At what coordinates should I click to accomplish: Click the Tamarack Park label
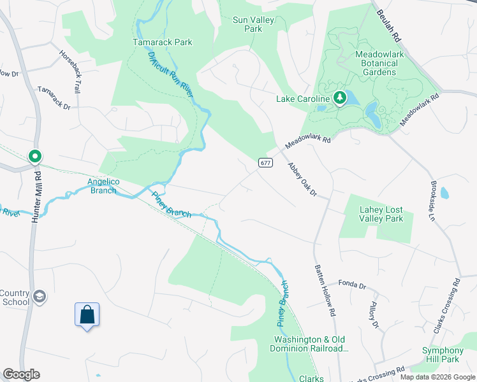(x=162, y=43)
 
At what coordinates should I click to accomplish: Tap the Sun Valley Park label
(x=253, y=24)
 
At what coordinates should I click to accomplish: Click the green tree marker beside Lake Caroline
(x=340, y=97)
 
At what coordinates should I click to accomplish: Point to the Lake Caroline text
(x=302, y=99)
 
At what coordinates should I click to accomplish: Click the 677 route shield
(x=266, y=162)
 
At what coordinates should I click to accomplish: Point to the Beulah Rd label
(x=389, y=25)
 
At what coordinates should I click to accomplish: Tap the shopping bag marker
(x=87, y=315)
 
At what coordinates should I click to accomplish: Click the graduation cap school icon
(x=40, y=296)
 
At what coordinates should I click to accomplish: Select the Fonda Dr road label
(x=352, y=283)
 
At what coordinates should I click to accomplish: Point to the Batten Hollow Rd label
(x=324, y=292)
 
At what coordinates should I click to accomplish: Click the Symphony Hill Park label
(x=443, y=355)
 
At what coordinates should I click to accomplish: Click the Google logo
(x=21, y=374)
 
